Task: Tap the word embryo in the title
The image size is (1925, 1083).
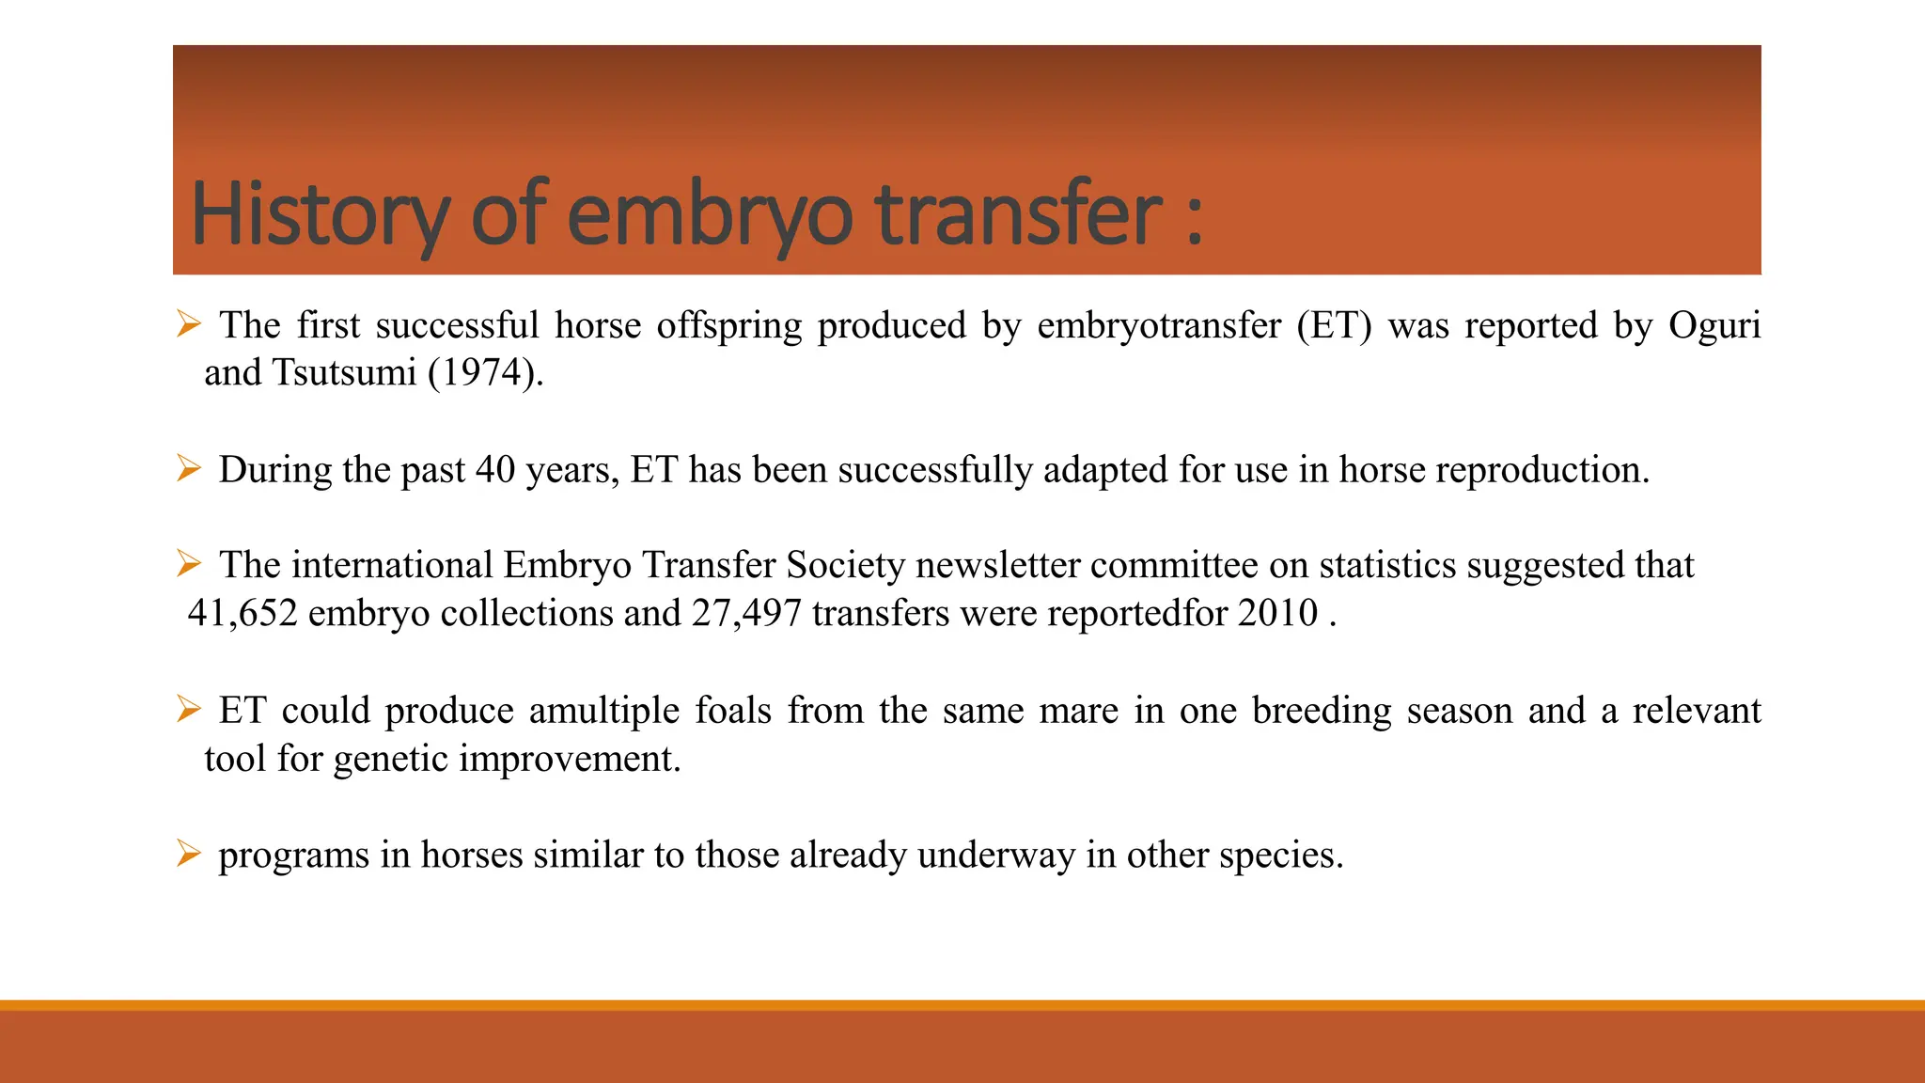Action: point(710,214)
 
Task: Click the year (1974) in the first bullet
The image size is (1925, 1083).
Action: point(485,373)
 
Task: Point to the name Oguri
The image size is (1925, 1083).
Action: point(1714,325)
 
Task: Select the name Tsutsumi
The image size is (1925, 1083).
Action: point(344,373)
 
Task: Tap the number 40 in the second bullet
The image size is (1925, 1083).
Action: point(495,470)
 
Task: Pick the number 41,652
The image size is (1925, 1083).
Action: point(243,614)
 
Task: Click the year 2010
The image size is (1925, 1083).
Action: point(1277,614)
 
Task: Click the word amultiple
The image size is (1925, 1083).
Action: point(603,711)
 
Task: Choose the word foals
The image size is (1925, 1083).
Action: point(732,711)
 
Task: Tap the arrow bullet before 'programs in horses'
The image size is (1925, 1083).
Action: point(189,854)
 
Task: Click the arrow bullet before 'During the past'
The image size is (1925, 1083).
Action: point(189,468)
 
